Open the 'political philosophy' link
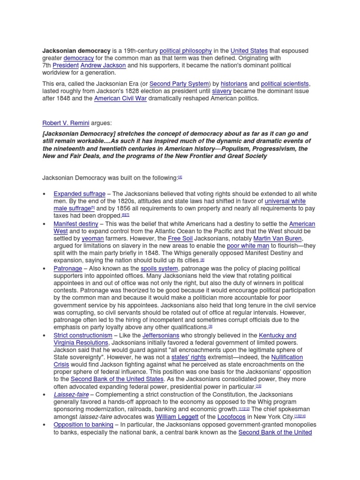186,51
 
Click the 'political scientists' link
285,84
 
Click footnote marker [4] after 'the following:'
180,177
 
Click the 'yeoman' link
92,239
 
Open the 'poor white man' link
248,246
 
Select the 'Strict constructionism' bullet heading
83,336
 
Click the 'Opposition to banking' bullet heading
83,425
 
